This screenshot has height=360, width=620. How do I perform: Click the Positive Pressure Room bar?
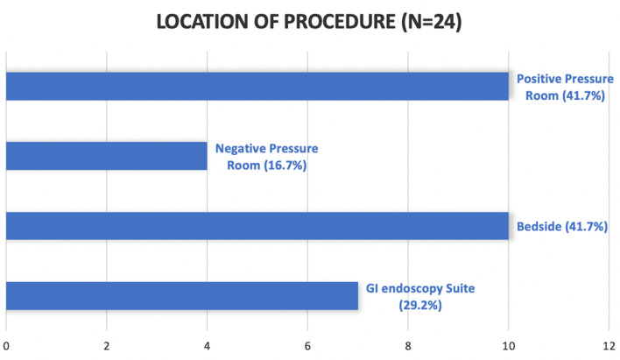[257, 86]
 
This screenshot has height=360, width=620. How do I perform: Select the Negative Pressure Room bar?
[106, 156]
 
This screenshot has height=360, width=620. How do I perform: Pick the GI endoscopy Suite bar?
[182, 295]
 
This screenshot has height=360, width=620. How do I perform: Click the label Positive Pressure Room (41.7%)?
[564, 86]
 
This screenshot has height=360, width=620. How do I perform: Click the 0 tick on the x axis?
[6, 344]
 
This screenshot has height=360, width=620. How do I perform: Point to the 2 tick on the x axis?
[107, 344]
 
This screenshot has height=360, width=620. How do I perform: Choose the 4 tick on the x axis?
[207, 344]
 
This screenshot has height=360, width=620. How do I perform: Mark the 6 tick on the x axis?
[307, 344]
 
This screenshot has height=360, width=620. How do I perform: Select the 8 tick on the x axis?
[408, 344]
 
